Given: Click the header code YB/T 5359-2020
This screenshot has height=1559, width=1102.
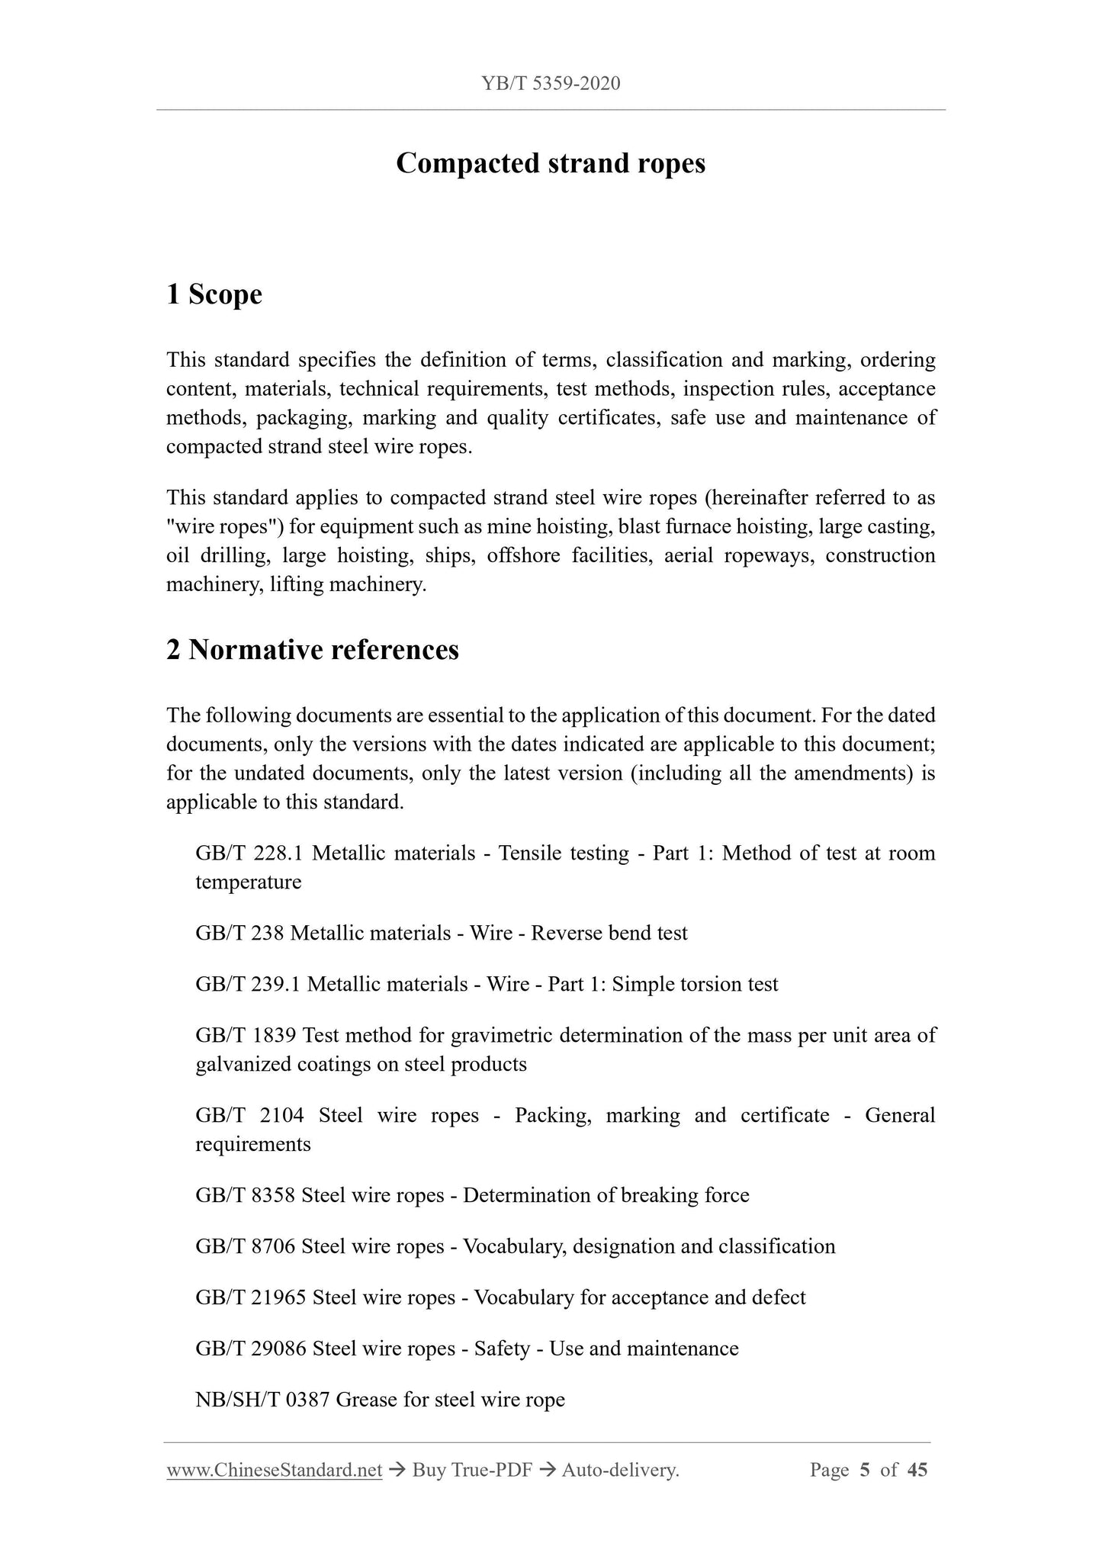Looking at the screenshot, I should pos(551,83).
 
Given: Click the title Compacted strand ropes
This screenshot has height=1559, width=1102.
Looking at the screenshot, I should pos(551,163).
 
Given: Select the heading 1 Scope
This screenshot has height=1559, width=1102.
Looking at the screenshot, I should pos(214,294).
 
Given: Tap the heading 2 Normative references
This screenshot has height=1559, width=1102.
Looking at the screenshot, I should pos(313,650).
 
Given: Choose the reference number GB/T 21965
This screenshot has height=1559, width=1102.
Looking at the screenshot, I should pos(250,1297).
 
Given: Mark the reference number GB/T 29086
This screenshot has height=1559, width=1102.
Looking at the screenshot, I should pos(250,1348).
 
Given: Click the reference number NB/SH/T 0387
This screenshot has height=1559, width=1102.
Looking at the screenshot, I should pos(262,1400).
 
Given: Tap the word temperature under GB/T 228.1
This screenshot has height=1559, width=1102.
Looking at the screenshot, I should pos(249,882).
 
